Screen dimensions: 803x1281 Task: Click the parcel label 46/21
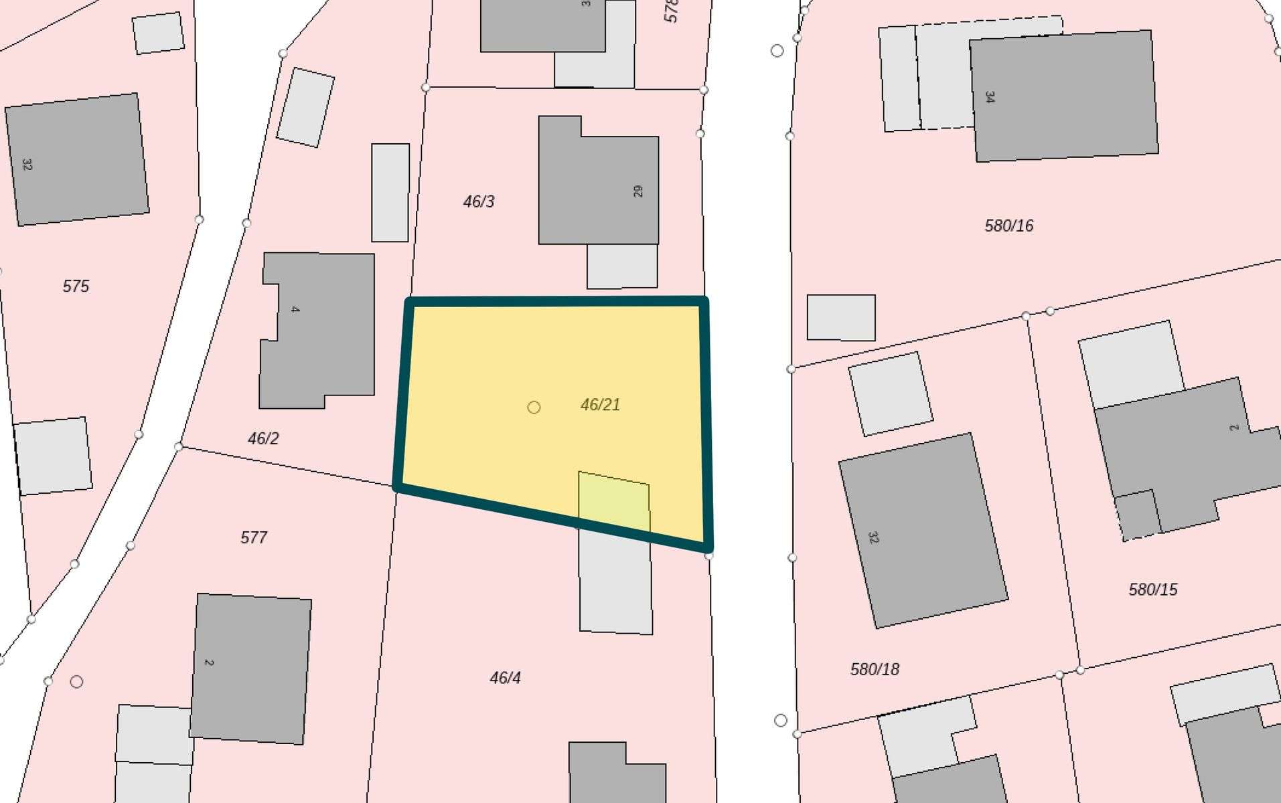coord(600,405)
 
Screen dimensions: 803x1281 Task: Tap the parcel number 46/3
coord(479,201)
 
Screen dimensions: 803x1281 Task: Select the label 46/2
coord(263,438)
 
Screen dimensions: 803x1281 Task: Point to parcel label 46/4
coord(505,678)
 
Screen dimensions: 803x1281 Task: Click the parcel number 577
coord(254,537)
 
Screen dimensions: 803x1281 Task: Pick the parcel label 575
coord(76,286)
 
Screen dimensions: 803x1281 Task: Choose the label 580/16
coord(1008,226)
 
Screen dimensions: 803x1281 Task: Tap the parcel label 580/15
coord(1152,590)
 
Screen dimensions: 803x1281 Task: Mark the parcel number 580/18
coord(875,669)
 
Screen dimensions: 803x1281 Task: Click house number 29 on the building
coord(637,191)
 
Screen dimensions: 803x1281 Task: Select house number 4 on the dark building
coord(295,309)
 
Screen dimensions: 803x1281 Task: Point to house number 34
coord(990,97)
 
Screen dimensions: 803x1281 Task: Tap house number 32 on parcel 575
coord(27,164)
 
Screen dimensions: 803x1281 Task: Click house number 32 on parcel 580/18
coord(873,537)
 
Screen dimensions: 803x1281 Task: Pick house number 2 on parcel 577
coord(209,662)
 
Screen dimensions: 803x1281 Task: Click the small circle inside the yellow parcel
coord(534,407)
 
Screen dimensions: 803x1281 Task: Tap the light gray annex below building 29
coord(622,266)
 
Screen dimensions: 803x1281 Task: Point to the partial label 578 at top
coord(671,11)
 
